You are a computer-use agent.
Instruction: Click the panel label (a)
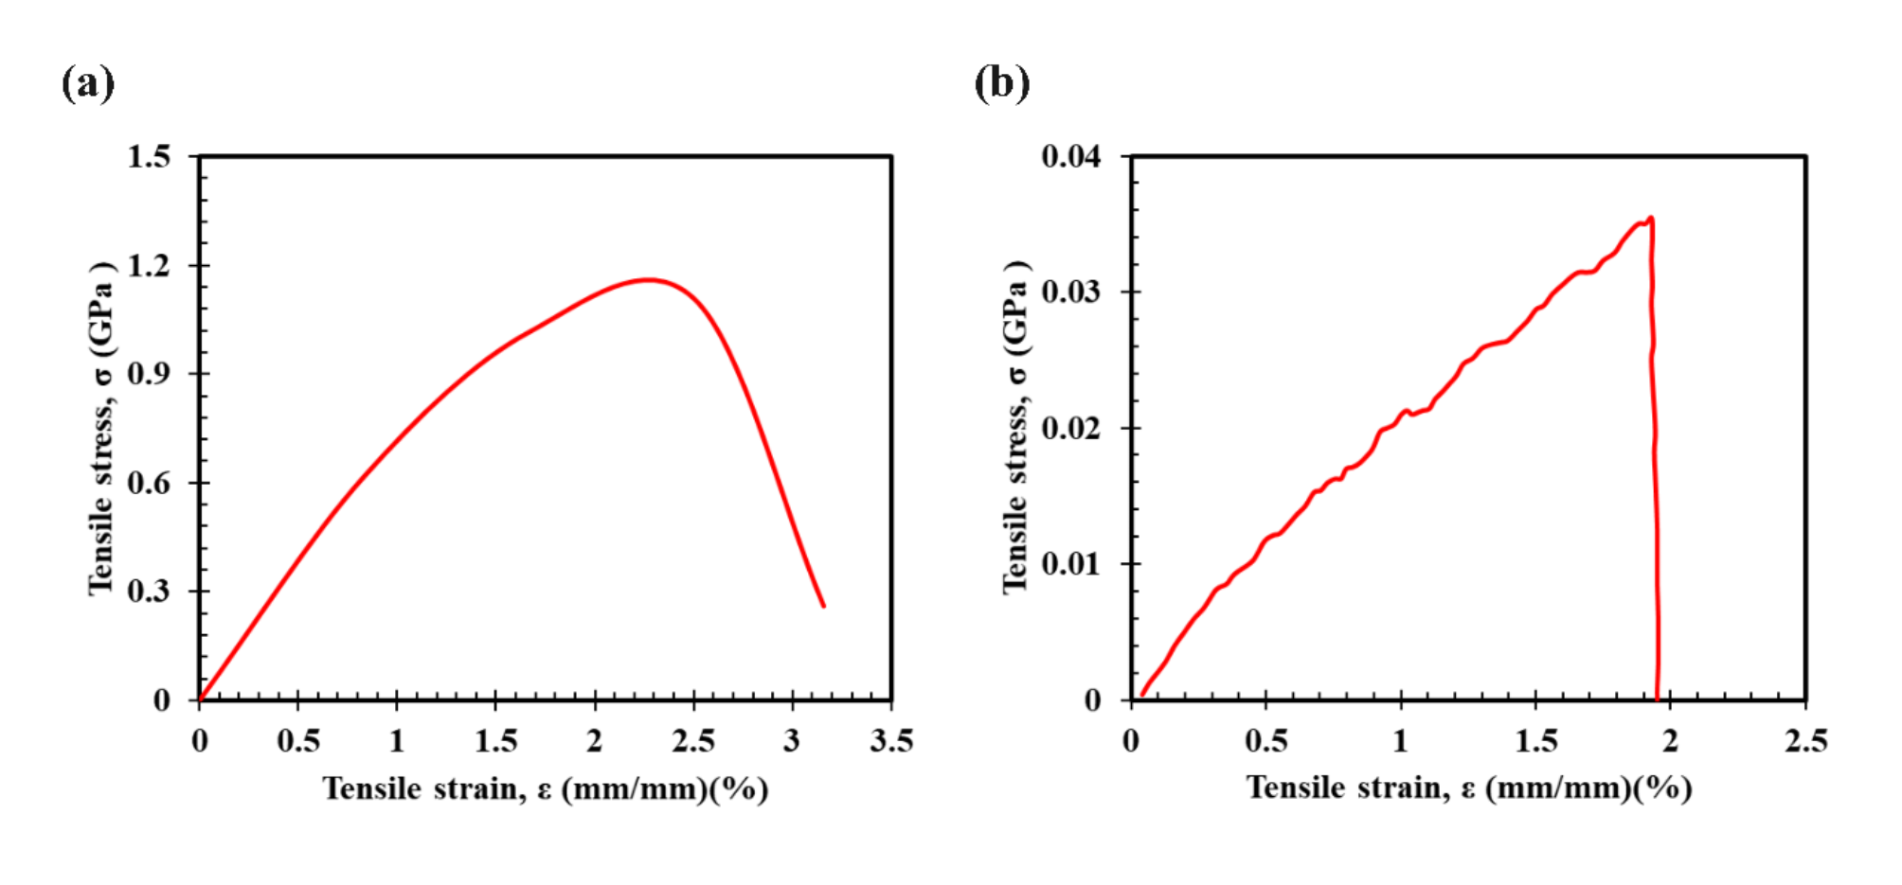click(88, 83)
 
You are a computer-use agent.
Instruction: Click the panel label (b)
click(1002, 83)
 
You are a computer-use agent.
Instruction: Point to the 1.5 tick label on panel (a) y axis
click(149, 156)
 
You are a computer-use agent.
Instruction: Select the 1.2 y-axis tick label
click(149, 266)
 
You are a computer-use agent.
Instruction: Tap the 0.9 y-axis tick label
click(149, 374)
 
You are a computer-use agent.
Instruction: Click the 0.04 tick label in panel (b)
click(1071, 156)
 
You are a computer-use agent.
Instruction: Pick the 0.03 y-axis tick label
click(1071, 292)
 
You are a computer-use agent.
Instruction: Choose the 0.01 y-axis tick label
click(1071, 564)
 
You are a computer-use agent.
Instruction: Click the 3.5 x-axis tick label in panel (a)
click(891, 741)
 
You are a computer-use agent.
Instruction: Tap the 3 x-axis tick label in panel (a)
click(792, 741)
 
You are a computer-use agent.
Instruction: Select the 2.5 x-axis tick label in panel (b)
click(1805, 741)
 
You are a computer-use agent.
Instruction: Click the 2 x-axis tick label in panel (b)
click(1670, 741)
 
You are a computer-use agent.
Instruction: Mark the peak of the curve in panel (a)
click(648, 279)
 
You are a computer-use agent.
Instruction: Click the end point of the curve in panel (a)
click(823, 606)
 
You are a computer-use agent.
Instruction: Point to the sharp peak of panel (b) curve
click(1651, 218)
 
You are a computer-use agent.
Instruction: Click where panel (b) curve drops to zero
click(1657, 699)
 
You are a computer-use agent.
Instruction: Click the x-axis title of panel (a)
click(545, 788)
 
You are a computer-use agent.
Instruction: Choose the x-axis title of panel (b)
click(1468, 788)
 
